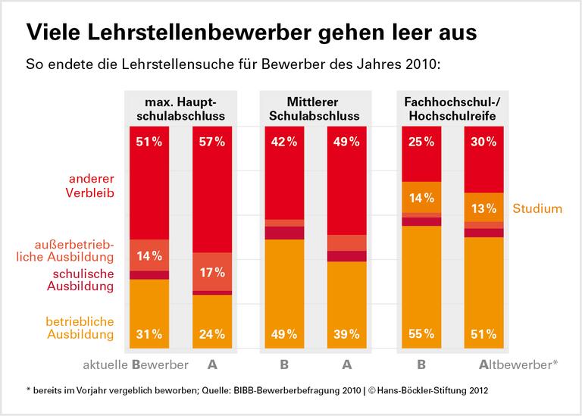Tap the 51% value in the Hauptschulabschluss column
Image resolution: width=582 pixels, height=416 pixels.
149,141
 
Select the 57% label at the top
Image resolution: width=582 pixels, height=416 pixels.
212,141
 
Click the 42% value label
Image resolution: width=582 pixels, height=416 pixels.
283,141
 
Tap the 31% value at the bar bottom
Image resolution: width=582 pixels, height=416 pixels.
149,334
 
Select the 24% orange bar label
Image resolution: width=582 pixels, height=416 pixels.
212,334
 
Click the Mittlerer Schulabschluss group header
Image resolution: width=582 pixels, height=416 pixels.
314,108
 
